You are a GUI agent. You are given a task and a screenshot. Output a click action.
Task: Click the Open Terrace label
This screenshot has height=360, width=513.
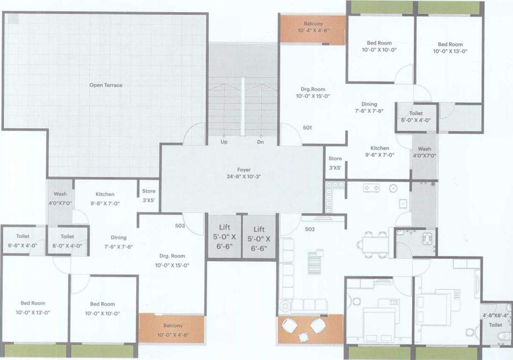tap(106, 85)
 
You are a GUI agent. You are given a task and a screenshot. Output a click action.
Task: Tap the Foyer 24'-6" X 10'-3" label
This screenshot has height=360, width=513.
tap(244, 173)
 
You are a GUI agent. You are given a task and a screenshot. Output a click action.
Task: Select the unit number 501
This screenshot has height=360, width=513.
tap(307, 127)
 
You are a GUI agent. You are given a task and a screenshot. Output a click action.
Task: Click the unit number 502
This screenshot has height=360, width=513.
tap(310, 229)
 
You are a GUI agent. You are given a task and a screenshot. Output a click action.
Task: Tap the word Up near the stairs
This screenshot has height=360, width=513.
tap(224, 141)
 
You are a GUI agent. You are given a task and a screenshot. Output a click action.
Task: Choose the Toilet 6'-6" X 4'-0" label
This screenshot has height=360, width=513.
tap(22, 241)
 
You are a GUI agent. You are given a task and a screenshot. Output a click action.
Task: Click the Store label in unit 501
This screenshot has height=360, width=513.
tap(335, 163)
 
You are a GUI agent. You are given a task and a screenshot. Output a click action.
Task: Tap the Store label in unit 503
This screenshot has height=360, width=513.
tap(149, 195)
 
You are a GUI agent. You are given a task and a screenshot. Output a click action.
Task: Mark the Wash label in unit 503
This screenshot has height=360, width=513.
tap(60, 198)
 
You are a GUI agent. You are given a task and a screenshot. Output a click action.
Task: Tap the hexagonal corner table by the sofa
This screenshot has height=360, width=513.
tap(284, 306)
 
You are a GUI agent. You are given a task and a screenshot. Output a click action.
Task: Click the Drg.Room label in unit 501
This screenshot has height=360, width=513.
tap(313, 92)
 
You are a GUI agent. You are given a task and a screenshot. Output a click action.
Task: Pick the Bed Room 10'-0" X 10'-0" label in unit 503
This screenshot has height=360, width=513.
tap(102, 308)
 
